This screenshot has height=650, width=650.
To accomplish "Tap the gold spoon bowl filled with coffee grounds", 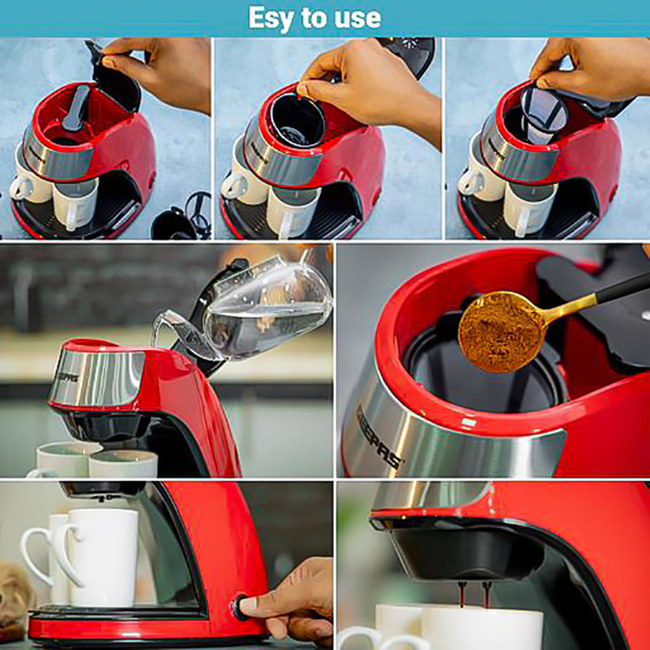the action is pyautogui.click(x=501, y=331).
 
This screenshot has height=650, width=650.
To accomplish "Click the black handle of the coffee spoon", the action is pyautogui.click(x=622, y=288).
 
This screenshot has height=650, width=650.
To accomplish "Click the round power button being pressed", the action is pyautogui.click(x=238, y=607).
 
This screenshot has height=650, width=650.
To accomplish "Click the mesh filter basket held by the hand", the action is pyautogui.click(x=543, y=113).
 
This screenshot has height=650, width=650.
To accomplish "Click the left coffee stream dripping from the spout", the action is pyautogui.click(x=462, y=594).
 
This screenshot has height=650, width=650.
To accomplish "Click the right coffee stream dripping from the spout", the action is pyautogui.click(x=487, y=594).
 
